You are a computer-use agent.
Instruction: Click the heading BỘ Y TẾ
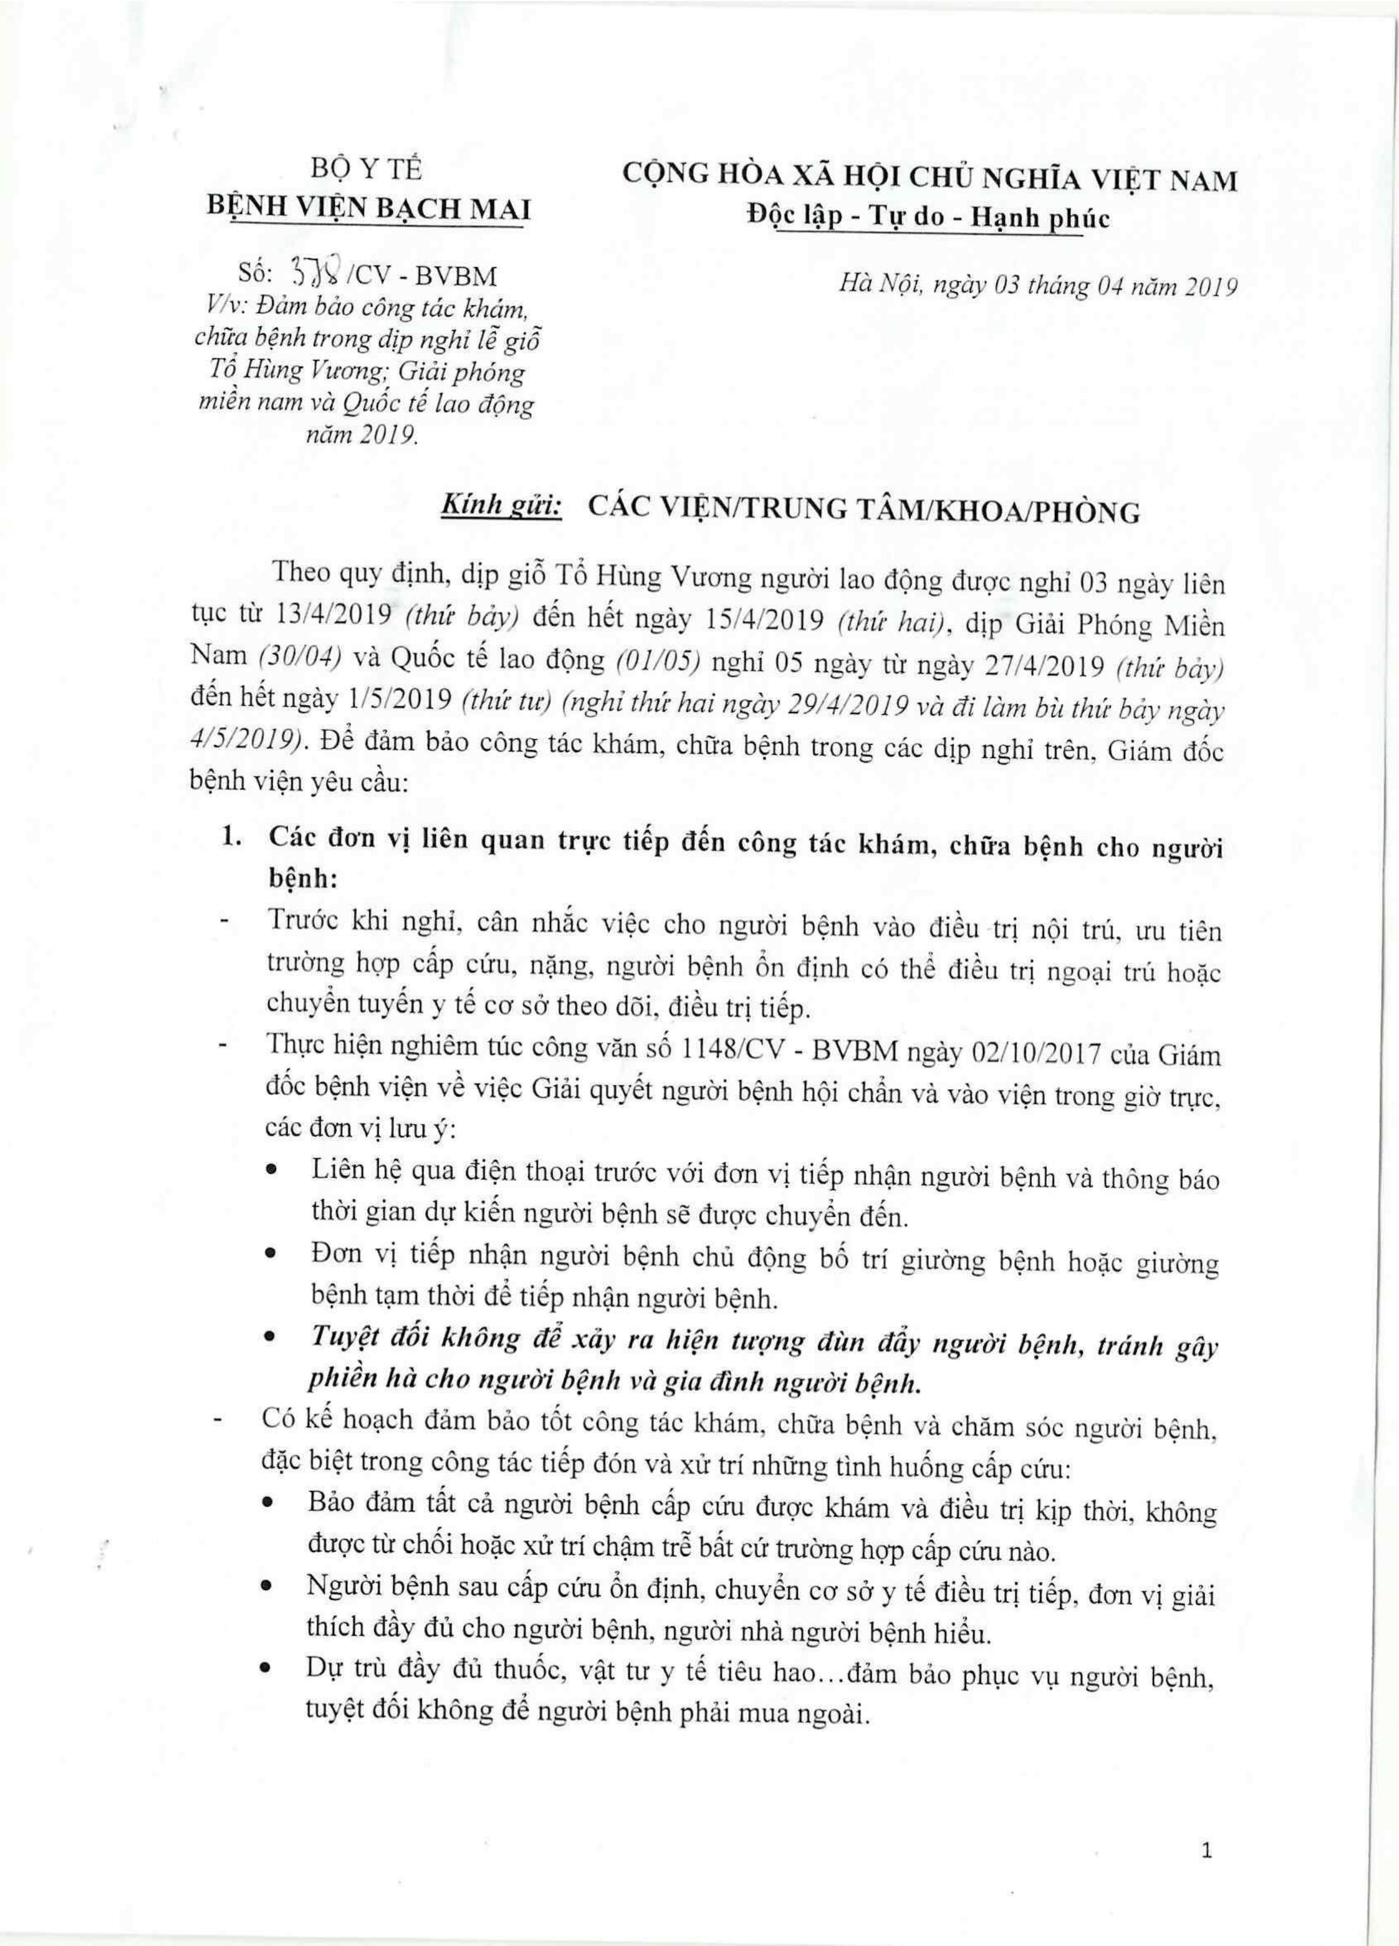pos(367,170)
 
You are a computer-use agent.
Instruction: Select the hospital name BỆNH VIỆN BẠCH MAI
pos(369,209)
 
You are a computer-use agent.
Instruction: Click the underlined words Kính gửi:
pos(500,509)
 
